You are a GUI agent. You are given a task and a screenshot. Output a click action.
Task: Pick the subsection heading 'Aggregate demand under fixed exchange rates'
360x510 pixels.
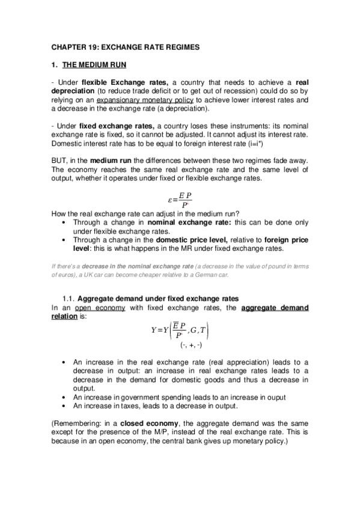158,299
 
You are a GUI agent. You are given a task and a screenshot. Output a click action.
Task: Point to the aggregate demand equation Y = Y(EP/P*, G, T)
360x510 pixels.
180,330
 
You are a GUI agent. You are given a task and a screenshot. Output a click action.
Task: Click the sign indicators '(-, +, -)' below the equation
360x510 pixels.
191,346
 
